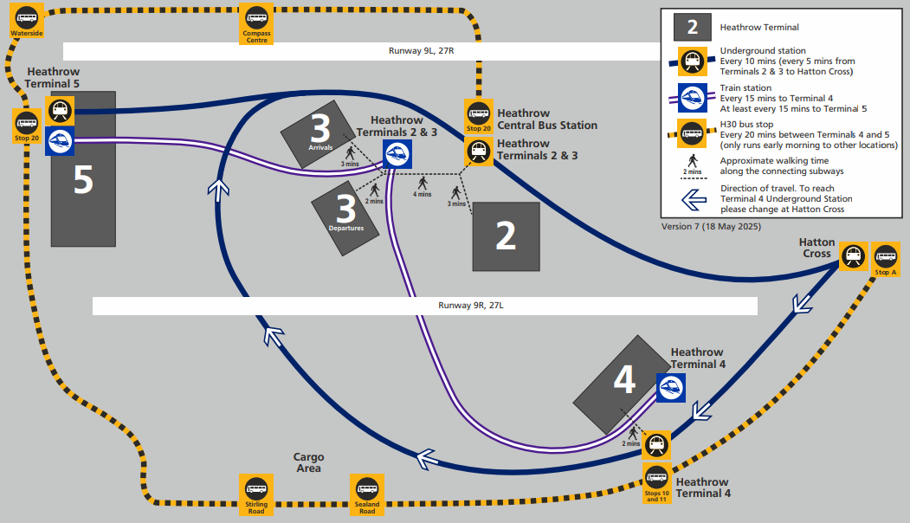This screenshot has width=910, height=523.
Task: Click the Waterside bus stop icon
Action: pos(27,21)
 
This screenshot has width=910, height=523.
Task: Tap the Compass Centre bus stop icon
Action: pos(256,22)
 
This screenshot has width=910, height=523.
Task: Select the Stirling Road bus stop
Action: pos(255,494)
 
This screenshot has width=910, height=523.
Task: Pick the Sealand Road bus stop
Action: pos(366,494)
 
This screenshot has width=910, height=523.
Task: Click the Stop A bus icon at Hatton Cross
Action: pos(887,258)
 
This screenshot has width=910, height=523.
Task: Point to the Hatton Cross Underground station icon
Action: pos(854,255)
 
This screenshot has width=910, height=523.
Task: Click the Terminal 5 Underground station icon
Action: pos(59,110)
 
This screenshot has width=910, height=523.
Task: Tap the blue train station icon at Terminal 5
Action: pos(59,141)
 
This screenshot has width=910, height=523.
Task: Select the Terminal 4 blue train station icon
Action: pos(671,388)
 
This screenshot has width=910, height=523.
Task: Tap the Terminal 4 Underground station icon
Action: pos(657,445)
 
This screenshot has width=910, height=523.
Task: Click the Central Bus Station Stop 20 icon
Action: pos(478,115)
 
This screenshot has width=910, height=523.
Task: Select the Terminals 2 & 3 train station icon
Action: pos(397,154)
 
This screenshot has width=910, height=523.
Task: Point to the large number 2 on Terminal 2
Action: pos(506,236)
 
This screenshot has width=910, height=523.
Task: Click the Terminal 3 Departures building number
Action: pos(345,210)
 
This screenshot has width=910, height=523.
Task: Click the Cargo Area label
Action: pos(308,462)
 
